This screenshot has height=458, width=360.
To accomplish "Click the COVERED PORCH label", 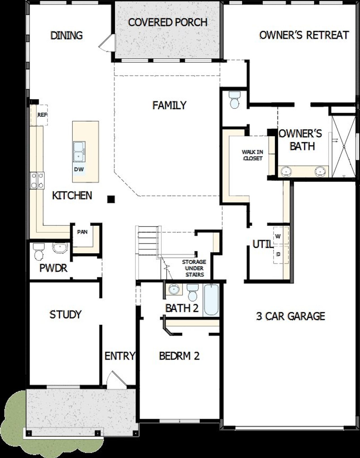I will coord(168,22).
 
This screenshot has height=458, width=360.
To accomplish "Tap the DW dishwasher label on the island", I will coord(78,169).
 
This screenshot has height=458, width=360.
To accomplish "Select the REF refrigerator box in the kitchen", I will coord(42,115).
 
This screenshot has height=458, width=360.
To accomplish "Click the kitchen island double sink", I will coord(78,152).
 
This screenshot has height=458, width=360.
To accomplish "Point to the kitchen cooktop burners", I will coord(37,180).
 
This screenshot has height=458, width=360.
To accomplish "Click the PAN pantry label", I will coord(82,232).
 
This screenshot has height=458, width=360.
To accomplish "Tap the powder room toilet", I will coord(39,251).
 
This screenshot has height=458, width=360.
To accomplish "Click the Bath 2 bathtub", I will coord(211,300).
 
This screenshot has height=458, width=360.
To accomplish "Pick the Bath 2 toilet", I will coord(193,293).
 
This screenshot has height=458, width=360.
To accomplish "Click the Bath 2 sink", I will coord(174,289).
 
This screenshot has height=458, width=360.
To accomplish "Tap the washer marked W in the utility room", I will coord(278,236).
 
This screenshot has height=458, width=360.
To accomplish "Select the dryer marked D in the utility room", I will coord(278,254).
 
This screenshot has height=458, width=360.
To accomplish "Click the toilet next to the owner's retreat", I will coord(234,100).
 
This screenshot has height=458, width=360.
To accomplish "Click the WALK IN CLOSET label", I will coord(252,155).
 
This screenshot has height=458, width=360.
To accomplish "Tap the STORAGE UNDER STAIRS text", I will coord(194,268).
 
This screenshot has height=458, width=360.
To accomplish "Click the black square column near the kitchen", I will coord(111,199).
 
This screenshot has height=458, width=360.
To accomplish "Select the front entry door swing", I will coord(115,380).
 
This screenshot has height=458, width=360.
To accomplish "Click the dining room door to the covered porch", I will coord(107,43).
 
